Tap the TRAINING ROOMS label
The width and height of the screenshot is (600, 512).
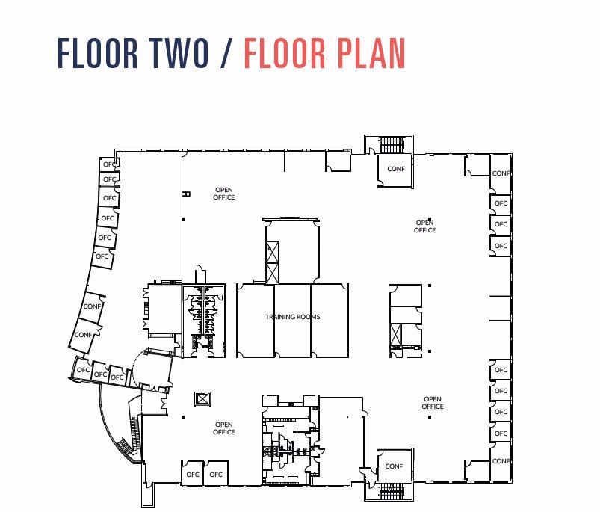coord(292,317)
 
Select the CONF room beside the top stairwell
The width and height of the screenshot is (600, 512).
coord(395,169)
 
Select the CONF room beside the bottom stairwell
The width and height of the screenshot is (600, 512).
coord(394,466)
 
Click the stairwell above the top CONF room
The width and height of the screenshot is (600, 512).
coord(392,144)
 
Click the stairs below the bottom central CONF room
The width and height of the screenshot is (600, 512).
coord(392,491)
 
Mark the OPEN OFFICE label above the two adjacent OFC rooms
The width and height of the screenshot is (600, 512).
coord(223,428)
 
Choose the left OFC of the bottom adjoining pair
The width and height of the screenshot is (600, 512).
coord(193,475)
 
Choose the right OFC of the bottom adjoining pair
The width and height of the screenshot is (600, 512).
coord(216,475)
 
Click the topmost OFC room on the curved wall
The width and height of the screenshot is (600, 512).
coord(110,164)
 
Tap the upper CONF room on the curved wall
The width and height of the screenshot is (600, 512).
coord(92,306)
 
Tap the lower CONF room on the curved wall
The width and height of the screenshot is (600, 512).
coord(84,335)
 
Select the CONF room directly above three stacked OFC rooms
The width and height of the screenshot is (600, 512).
coord(501,173)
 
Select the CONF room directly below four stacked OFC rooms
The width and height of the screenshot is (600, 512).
coord(501,461)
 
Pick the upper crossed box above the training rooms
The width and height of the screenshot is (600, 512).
coord(272,251)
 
